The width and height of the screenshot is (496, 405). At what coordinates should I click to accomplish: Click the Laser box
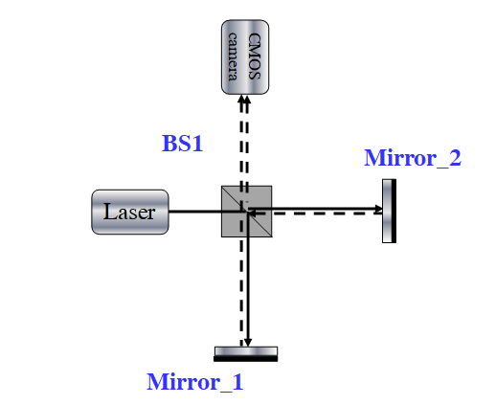pos(130,212)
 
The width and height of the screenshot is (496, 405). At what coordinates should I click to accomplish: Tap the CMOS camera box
pos(245,57)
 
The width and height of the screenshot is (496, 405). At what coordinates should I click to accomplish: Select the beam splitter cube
pos(247,212)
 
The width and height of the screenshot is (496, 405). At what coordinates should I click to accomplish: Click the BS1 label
pos(183,144)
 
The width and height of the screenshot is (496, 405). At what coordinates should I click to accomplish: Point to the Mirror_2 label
pos(413,158)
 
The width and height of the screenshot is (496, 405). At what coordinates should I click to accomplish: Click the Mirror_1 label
pos(195,382)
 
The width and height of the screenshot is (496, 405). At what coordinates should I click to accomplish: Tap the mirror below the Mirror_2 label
pos(389,211)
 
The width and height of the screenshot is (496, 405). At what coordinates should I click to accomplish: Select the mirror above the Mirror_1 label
pos(246,354)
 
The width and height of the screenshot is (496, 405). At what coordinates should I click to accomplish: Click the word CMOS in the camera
pos(255,56)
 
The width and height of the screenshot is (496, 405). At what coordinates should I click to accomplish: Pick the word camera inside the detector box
pos(233,56)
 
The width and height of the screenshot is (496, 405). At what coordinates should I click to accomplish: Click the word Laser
pos(129,212)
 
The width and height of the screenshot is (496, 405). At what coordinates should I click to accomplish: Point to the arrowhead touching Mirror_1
pos(248,343)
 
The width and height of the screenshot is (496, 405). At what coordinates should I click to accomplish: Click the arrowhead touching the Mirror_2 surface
pos(378,209)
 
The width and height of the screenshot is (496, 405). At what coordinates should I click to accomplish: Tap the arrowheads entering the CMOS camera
pos(244,100)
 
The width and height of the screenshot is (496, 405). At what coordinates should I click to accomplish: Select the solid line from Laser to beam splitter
pos(207,212)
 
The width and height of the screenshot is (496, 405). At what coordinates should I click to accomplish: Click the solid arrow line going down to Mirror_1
pos(248,279)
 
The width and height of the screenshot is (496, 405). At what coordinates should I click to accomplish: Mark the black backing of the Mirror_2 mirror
pos(394,211)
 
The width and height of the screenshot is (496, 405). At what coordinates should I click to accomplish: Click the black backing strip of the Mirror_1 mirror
pos(246,359)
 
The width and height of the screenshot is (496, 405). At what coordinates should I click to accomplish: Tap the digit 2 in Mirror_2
pos(455,158)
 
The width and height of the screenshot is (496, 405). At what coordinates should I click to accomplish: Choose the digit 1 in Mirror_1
pos(237,382)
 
